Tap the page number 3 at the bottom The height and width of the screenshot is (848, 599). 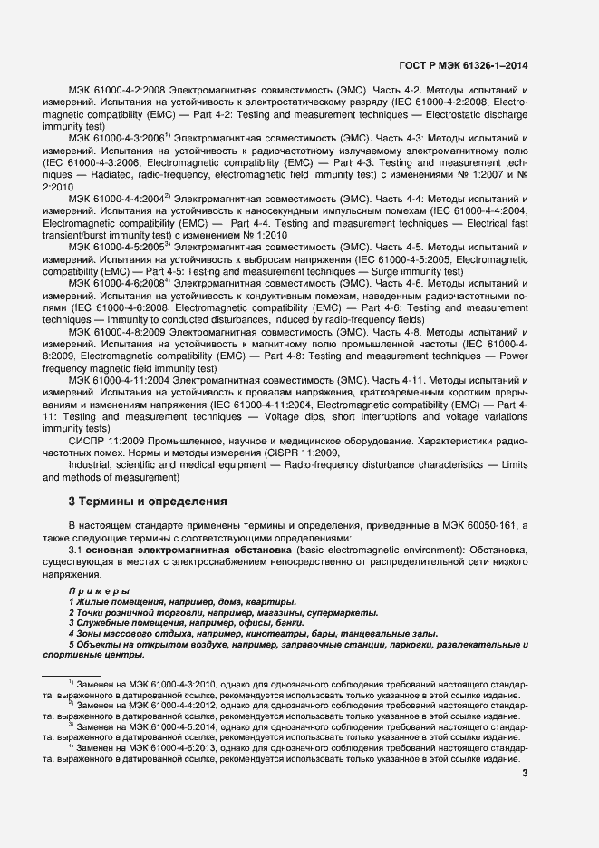(x=526, y=773)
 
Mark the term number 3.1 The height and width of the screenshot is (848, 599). (x=76, y=551)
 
